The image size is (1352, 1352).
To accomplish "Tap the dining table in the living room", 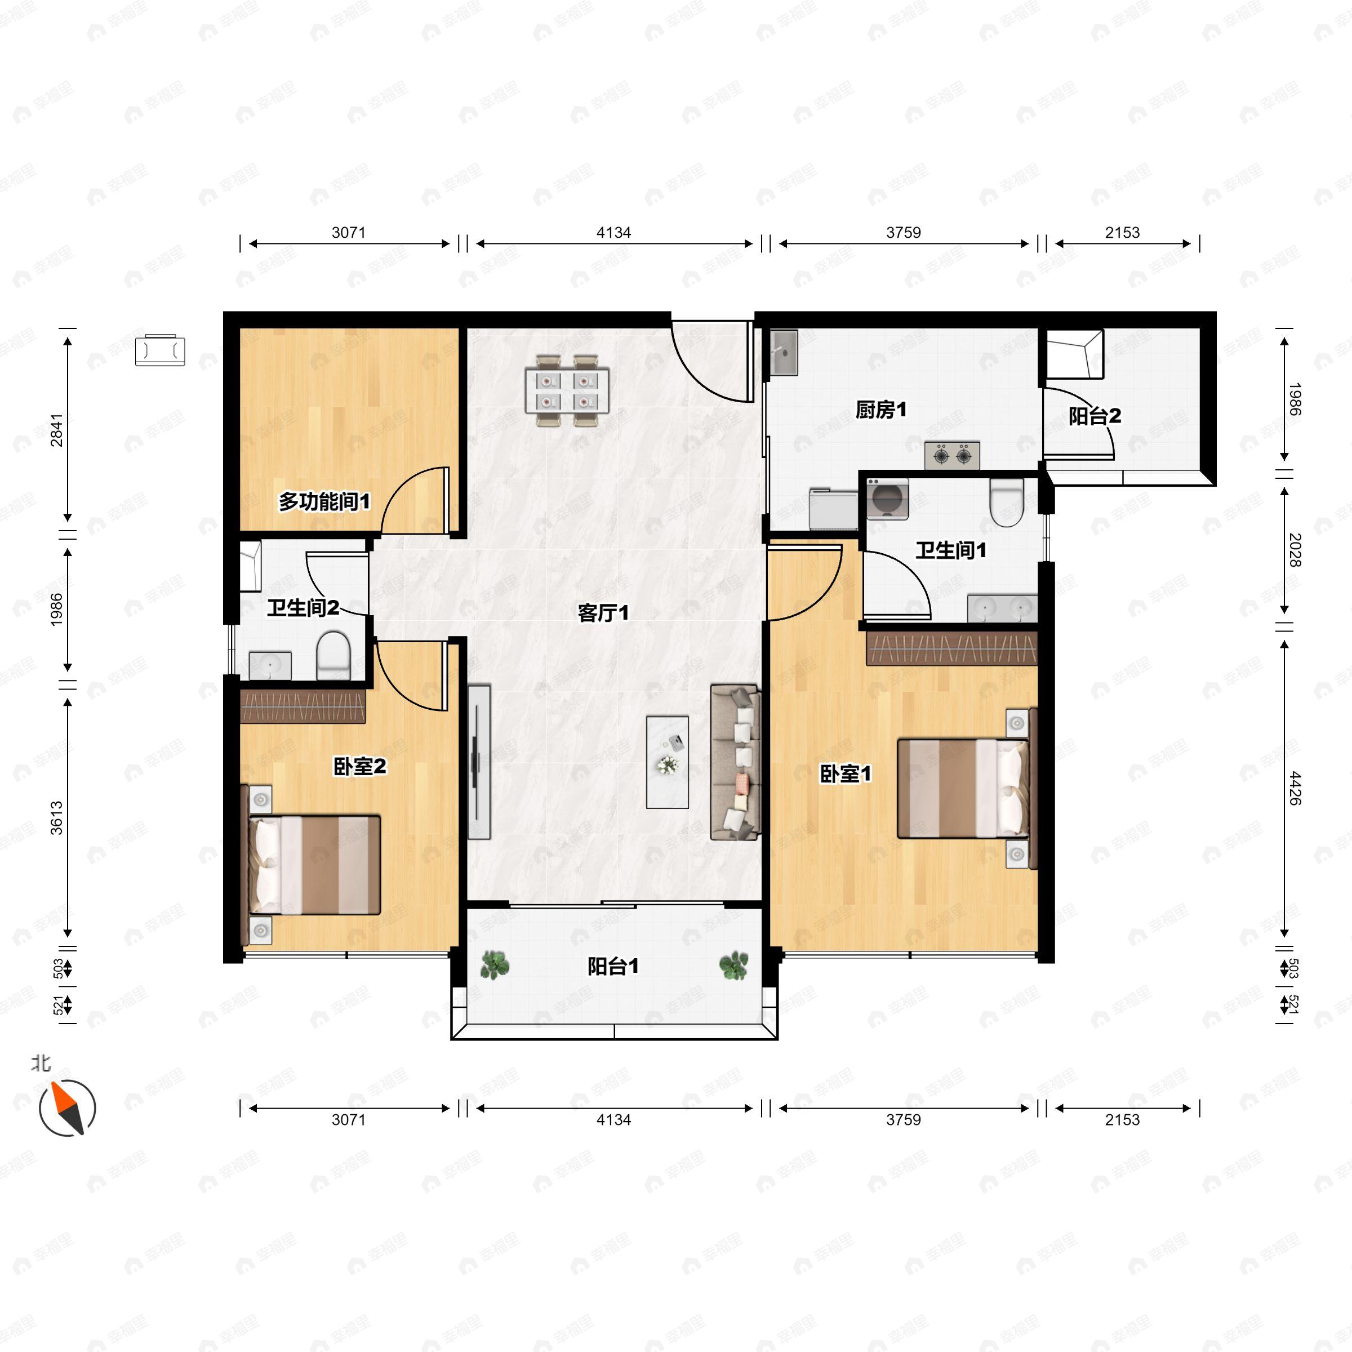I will (566, 390).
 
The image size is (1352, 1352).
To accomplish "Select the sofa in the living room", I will (735, 762).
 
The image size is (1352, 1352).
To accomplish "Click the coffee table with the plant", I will (667, 762).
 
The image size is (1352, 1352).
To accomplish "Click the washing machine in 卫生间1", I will (887, 499).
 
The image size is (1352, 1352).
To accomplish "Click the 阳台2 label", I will (1095, 416).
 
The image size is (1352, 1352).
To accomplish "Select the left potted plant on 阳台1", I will (495, 965).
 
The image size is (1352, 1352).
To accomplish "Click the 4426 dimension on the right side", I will (1294, 788).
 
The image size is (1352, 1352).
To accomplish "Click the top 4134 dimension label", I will (613, 232).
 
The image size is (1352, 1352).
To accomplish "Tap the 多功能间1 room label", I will (324, 501).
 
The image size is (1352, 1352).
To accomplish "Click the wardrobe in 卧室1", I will (951, 648).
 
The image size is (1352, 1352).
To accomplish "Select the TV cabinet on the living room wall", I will (479, 762).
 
